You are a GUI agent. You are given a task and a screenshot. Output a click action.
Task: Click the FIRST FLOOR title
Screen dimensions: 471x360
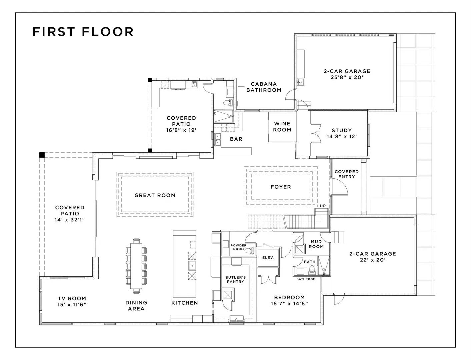pyautogui.click(x=83, y=32)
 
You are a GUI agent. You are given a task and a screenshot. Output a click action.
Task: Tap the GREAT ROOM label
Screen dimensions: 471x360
pyautogui.click(x=155, y=195)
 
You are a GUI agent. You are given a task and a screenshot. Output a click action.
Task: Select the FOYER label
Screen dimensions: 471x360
pyautogui.click(x=281, y=187)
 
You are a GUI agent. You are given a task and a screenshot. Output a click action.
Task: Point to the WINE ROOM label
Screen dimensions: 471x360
pyautogui.click(x=282, y=127)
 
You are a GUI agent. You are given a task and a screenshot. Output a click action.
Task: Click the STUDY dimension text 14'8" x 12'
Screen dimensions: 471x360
pyautogui.click(x=342, y=136)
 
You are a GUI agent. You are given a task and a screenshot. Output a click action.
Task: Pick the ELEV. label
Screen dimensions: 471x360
pyautogui.click(x=268, y=257)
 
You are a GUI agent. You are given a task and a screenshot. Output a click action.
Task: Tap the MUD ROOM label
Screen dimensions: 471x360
pyautogui.click(x=316, y=244)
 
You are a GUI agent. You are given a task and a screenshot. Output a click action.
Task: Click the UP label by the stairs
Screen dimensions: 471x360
pyautogui.click(x=323, y=206)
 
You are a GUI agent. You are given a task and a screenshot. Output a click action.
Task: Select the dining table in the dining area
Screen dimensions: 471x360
pyautogui.click(x=136, y=266)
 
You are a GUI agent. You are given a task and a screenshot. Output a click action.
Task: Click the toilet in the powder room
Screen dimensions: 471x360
pyautogui.click(x=250, y=250)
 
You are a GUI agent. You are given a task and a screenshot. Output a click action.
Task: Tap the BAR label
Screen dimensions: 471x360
pyautogui.click(x=236, y=139)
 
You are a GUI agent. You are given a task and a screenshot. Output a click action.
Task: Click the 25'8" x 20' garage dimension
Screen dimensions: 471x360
pyautogui.click(x=347, y=77)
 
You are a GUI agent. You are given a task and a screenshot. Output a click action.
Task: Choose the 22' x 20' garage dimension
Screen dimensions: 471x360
pyautogui.click(x=373, y=260)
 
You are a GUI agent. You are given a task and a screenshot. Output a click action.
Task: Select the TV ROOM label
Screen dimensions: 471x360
pyautogui.click(x=72, y=298)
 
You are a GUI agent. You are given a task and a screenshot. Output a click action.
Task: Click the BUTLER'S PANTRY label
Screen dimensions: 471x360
pyautogui.click(x=236, y=279)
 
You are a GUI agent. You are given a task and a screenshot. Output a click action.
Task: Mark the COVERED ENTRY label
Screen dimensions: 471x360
pyautogui.click(x=347, y=174)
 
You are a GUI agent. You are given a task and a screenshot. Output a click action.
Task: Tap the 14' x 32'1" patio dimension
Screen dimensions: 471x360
pyautogui.click(x=70, y=219)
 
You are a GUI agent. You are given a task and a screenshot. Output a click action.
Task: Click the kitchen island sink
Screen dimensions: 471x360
pyautogui.click(x=192, y=266)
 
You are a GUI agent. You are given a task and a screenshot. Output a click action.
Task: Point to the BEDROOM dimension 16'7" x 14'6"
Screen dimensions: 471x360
pyautogui.click(x=289, y=303)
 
